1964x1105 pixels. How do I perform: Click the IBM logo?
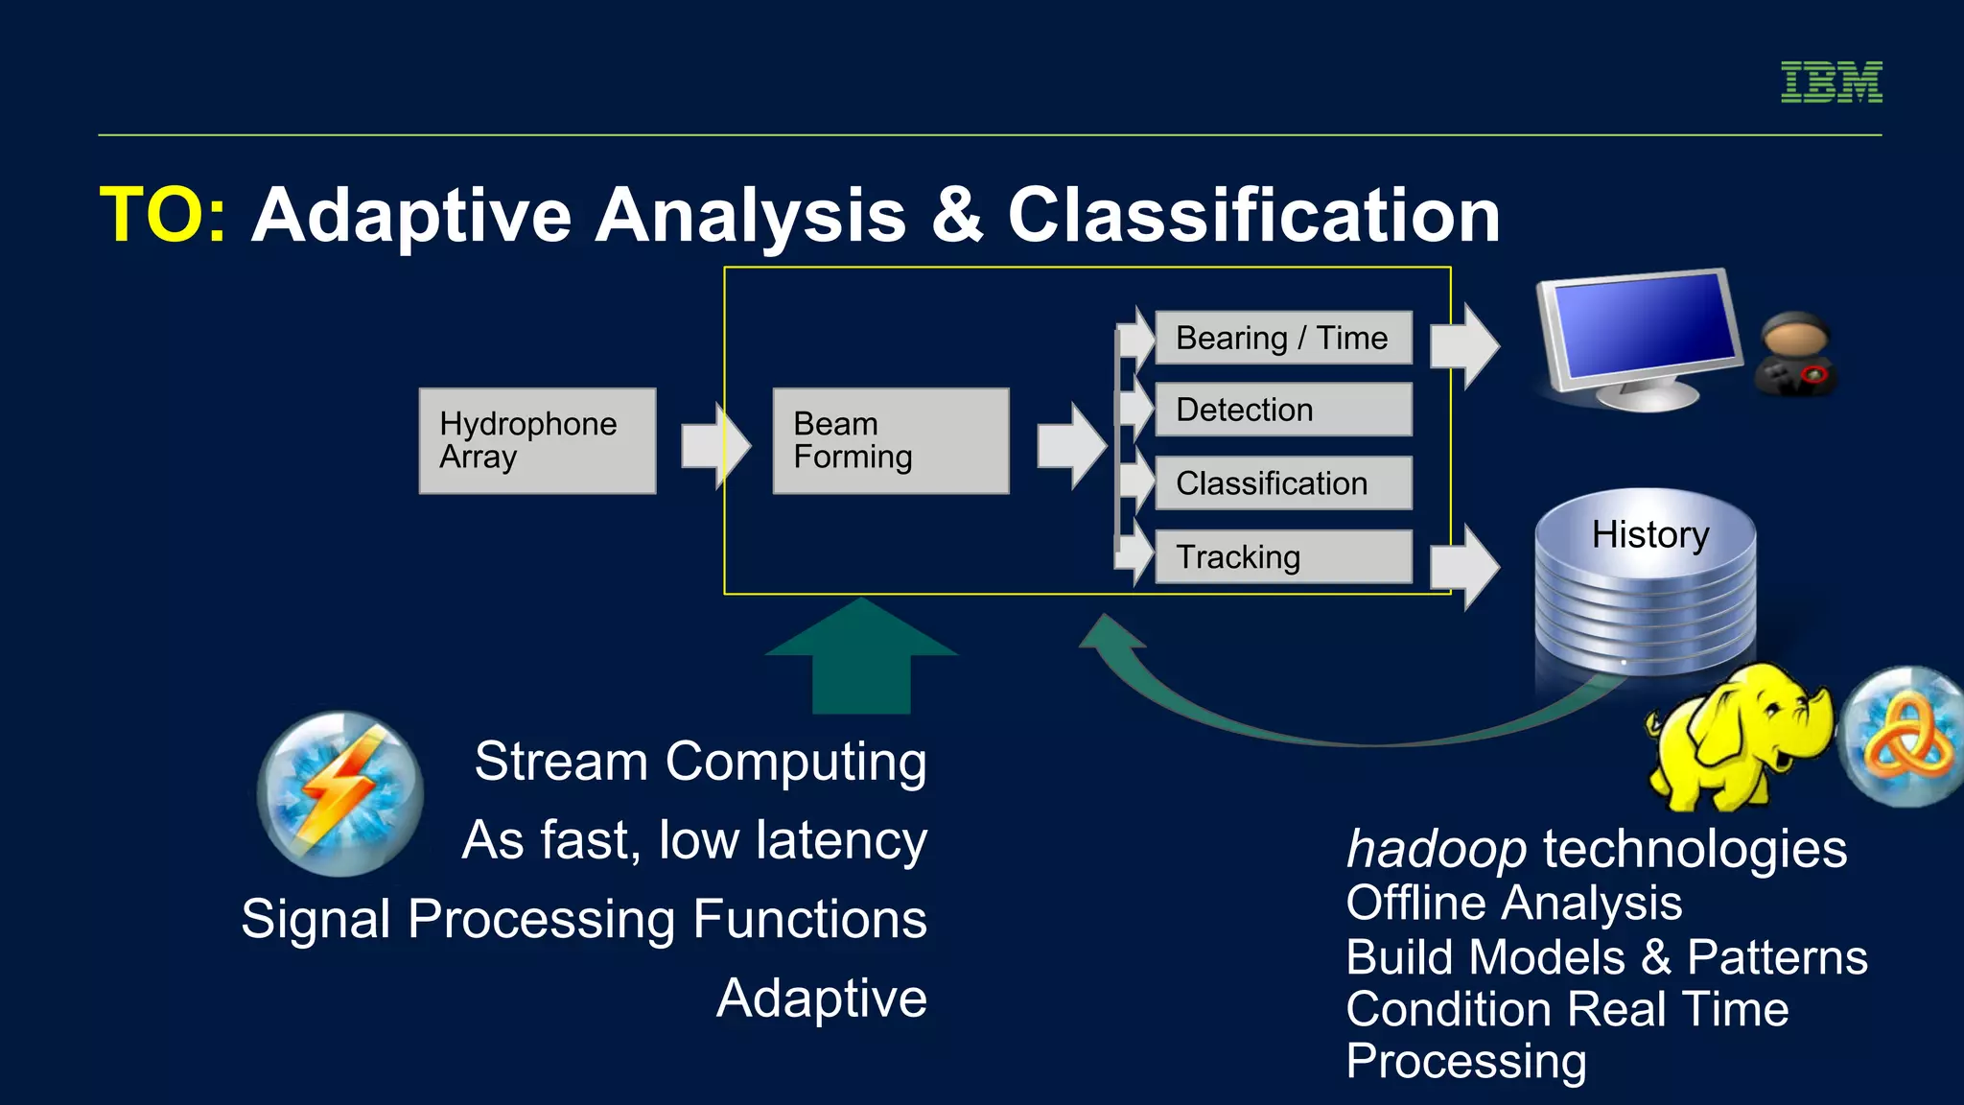pyautogui.click(x=1831, y=82)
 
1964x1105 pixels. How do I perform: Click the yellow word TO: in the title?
pyautogui.click(x=164, y=215)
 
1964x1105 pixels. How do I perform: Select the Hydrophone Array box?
pyautogui.click(x=537, y=440)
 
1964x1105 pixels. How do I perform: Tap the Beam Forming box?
pyautogui.click(x=890, y=440)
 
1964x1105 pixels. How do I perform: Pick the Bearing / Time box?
pyautogui.click(x=1282, y=338)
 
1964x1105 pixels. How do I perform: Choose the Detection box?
pyautogui.click(x=1282, y=410)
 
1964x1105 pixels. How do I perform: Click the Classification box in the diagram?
pyautogui.click(x=1282, y=482)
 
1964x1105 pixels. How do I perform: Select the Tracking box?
pyautogui.click(x=1282, y=556)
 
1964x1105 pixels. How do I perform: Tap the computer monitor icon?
pyautogui.click(x=1638, y=336)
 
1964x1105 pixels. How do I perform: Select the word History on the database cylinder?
pyautogui.click(x=1649, y=534)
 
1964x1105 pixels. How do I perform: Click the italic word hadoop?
pyautogui.click(x=1436, y=850)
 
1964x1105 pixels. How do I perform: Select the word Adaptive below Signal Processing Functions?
pyautogui.click(x=821, y=998)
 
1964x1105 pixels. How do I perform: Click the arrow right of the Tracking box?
pyautogui.click(x=1463, y=566)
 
